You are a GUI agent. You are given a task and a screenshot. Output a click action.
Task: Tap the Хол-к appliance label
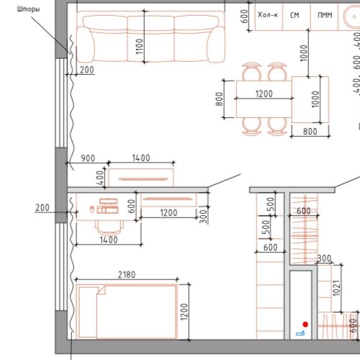[267, 14]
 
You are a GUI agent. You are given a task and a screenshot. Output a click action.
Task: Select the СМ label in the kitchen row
[294, 14]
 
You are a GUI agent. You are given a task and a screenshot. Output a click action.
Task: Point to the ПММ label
[325, 14]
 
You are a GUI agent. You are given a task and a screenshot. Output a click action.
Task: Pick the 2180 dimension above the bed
[125, 274]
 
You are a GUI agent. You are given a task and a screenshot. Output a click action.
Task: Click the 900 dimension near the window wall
[88, 158]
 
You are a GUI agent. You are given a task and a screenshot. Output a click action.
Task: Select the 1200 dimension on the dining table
[264, 94]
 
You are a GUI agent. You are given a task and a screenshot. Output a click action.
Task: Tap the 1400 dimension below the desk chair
[108, 240]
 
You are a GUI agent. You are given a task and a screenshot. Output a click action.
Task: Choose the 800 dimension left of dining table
[220, 99]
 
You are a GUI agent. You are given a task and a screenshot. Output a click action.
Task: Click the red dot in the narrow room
[305, 324]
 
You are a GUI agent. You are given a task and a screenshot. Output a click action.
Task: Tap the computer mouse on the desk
[93, 209]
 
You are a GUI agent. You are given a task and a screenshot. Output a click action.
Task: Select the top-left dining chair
[251, 72]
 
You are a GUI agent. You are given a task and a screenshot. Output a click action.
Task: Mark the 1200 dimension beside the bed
[184, 311]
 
